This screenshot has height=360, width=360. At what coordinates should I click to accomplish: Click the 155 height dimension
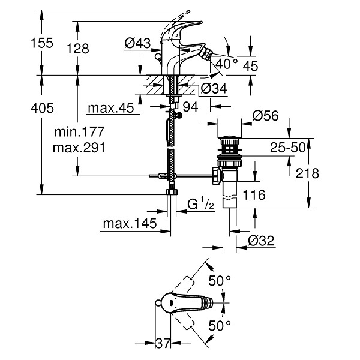[42, 43]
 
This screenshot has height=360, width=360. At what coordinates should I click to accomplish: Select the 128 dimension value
[78, 49]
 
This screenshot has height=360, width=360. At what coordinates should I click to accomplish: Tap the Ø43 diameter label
[138, 43]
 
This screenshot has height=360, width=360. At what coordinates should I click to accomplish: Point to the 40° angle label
[227, 64]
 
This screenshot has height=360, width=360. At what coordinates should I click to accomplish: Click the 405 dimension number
[42, 108]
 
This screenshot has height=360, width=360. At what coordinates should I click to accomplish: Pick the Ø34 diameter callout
[214, 88]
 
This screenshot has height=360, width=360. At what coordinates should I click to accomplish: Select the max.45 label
[111, 107]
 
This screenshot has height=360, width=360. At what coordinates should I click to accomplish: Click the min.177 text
[79, 131]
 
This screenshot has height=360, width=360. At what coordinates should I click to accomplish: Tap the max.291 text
[79, 148]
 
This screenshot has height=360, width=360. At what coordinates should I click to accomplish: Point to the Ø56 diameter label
[266, 116]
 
